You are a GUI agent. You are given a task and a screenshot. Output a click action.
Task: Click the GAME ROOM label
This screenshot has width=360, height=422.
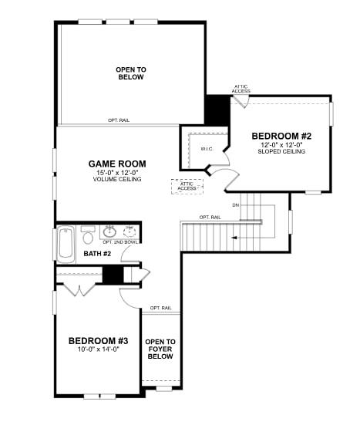pyautogui.click(x=117, y=164)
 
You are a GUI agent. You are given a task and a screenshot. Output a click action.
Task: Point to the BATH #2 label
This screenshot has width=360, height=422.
pyautogui.click(x=98, y=253)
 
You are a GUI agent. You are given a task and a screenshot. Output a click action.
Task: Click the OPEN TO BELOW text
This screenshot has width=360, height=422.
pyautogui.click(x=131, y=73)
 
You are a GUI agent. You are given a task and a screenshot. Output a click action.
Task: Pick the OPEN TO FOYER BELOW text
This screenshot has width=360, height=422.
pyautogui.click(x=160, y=349)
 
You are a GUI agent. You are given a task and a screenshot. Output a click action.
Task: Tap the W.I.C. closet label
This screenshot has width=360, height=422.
pyautogui.click(x=207, y=148)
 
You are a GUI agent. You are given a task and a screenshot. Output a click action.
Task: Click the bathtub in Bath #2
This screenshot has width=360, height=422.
pyautogui.click(x=66, y=244)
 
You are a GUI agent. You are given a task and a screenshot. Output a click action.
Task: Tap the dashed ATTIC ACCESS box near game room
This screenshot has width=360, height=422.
pyautogui.click(x=187, y=186)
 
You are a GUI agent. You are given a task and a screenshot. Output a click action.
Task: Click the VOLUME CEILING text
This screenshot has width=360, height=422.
pyautogui.click(x=117, y=179)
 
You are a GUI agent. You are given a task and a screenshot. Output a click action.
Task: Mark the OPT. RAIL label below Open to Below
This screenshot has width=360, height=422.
pyautogui.click(x=118, y=120)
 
